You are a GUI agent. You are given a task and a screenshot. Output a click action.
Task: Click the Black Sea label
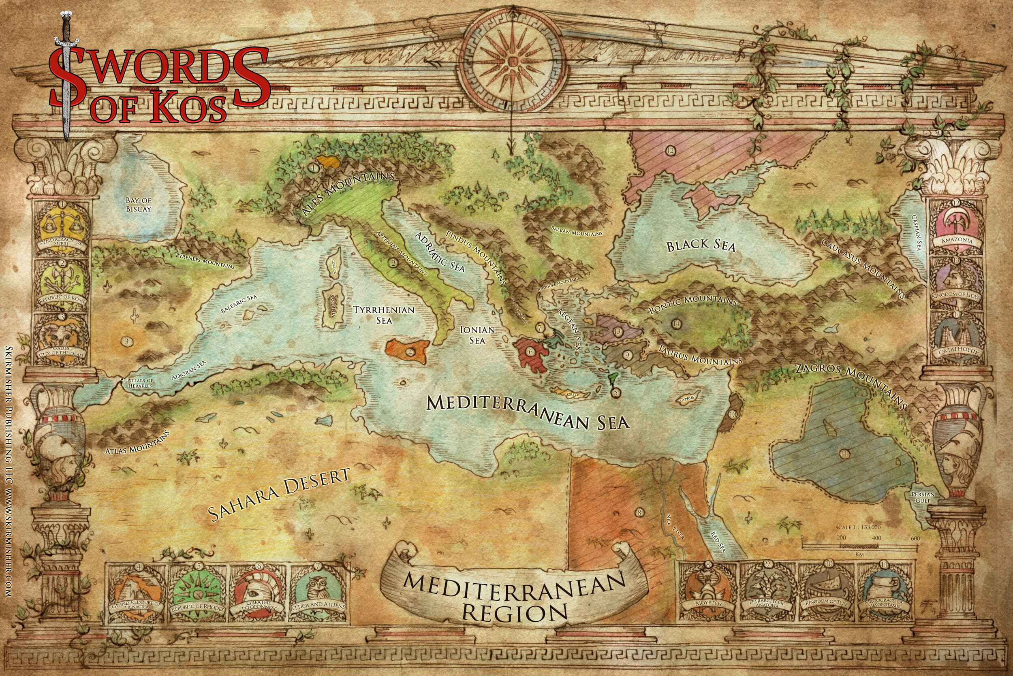(x=700, y=246)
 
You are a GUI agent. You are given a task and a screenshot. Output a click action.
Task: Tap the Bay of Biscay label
(x=139, y=205)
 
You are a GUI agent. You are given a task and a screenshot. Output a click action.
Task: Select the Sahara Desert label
(x=278, y=494)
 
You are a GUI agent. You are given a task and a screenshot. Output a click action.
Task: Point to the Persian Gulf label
(x=923, y=497)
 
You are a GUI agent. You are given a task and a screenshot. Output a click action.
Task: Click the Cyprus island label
(x=686, y=399)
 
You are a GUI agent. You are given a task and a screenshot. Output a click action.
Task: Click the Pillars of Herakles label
(x=140, y=383)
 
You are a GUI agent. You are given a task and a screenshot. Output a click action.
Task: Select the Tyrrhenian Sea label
(x=384, y=315)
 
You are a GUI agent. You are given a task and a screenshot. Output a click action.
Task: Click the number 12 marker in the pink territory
(x=670, y=150)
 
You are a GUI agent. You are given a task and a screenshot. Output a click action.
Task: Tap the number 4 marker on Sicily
(x=410, y=352)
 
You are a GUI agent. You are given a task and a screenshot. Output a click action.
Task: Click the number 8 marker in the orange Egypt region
(x=639, y=513)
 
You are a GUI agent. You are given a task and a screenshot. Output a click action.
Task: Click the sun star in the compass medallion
(x=511, y=62)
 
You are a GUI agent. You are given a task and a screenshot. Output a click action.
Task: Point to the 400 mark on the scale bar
(x=876, y=538)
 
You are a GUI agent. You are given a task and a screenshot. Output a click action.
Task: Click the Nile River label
(x=675, y=527)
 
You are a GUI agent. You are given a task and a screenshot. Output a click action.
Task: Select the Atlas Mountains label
(x=137, y=442)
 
